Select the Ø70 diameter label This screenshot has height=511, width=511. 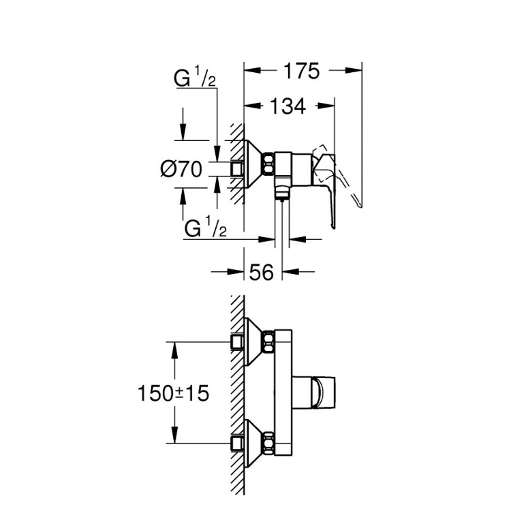point(181,169)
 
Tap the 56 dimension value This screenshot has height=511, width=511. point(262,273)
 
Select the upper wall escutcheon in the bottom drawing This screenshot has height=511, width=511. point(255,341)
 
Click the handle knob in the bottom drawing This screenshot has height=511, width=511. point(322,392)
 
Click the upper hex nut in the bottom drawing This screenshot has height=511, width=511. point(270,340)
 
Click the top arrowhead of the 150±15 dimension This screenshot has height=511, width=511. point(176,347)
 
